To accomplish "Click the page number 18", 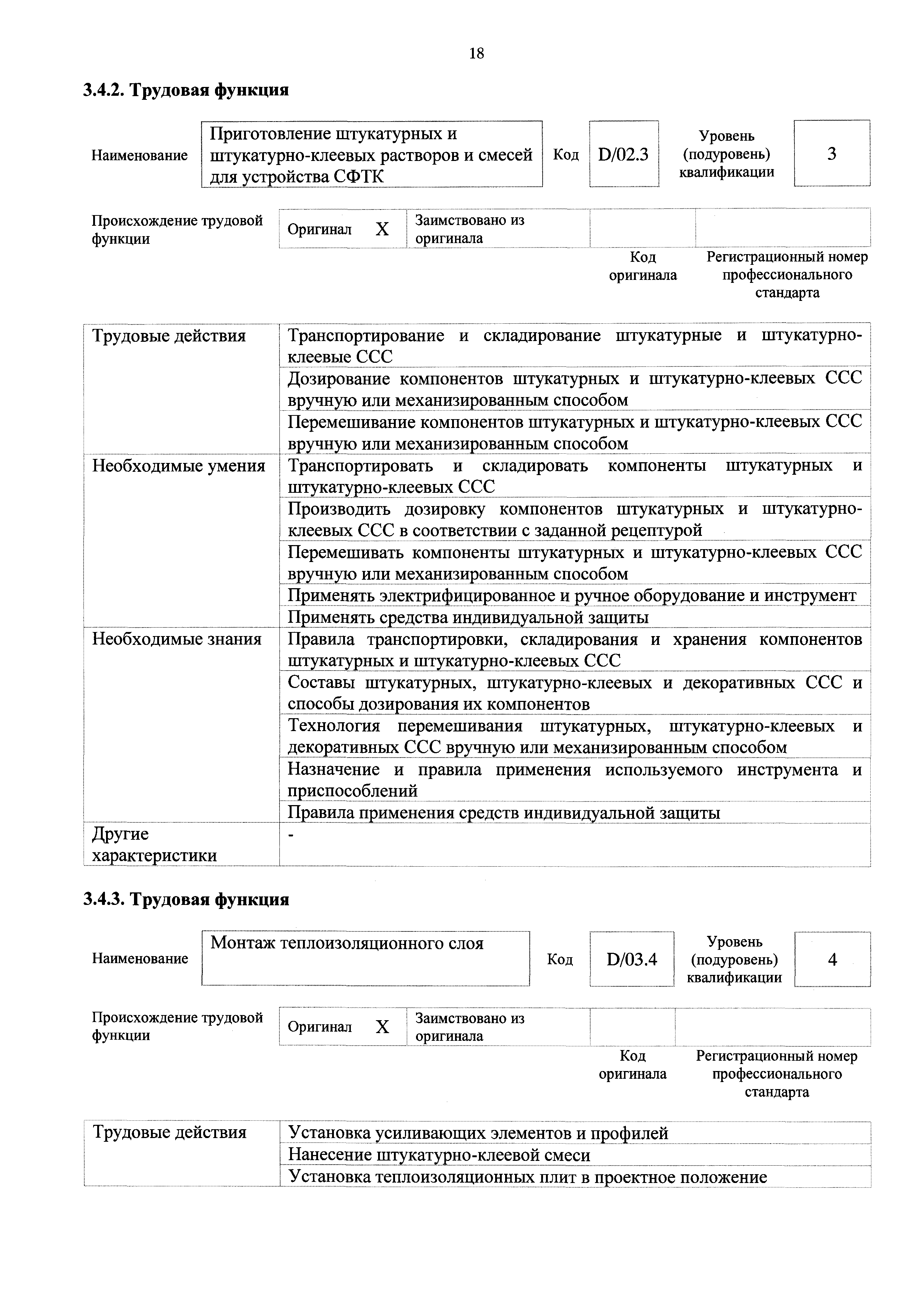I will pos(476,53).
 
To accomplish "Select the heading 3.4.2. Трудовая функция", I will pos(186,90).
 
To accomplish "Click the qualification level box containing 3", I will pos(831,154).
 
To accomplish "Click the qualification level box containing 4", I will pos(832,959).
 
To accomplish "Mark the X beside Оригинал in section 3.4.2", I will pos(382,229).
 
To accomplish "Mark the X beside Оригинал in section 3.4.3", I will pos(382,1027).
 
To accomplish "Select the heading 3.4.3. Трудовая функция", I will pos(186,900).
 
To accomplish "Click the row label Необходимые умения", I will pos(178,466).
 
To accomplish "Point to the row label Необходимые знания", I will pos(177,639).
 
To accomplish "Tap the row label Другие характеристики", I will pos(154,845).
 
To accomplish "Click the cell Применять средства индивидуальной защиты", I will pos(468,617).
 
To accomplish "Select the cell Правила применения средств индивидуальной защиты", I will pos(504,812).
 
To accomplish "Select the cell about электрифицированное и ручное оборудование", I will pos(571,595).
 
